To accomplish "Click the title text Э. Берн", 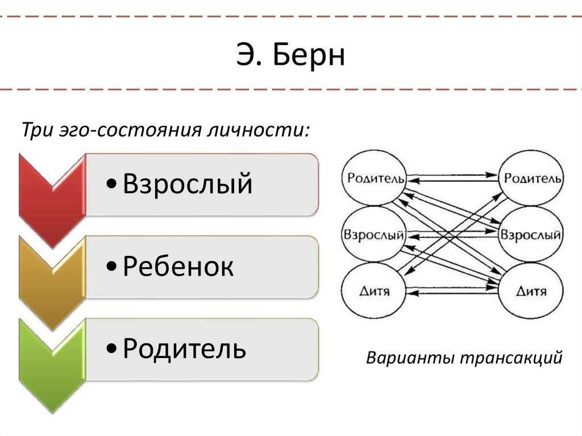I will (x=290, y=55).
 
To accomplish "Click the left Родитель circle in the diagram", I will (x=373, y=178).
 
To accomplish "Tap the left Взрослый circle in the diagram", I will (x=373, y=234).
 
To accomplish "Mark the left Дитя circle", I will (x=373, y=291).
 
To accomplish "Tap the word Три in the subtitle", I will (x=36, y=130).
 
